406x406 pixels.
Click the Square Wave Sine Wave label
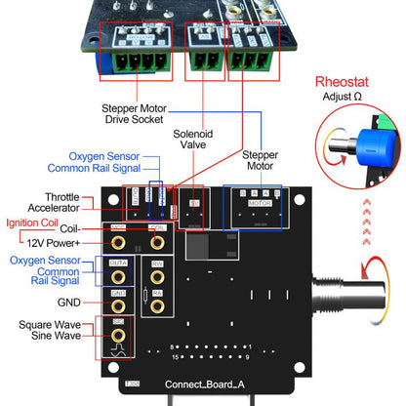click(48, 337)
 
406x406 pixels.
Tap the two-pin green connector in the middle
click(202, 60)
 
